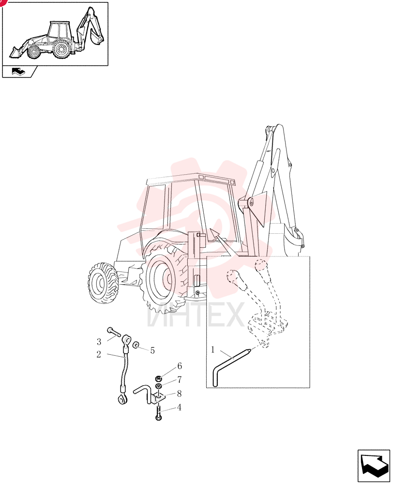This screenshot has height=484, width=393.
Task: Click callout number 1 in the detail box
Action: pyautogui.click(x=212, y=350)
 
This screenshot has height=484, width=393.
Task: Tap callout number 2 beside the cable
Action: pyautogui.click(x=99, y=354)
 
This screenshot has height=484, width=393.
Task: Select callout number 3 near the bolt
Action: pyautogui.click(x=99, y=342)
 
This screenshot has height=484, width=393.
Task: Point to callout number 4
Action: pyautogui.click(x=179, y=408)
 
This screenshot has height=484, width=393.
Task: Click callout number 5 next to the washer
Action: pyautogui.click(x=152, y=350)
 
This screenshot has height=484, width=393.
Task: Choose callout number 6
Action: pyautogui.click(x=180, y=366)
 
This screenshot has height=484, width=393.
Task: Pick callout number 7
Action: pyautogui.click(x=180, y=379)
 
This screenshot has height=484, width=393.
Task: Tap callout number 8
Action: pyautogui.click(x=179, y=393)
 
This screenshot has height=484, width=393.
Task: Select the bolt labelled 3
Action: pyautogui.click(x=114, y=333)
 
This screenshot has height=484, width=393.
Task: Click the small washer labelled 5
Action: pyautogui.click(x=136, y=345)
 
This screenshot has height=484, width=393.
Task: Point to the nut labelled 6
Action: pyautogui.click(x=158, y=378)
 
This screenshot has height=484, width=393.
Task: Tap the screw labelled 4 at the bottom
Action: pyautogui.click(x=158, y=413)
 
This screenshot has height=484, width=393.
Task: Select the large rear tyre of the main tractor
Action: pyautogui.click(x=164, y=277)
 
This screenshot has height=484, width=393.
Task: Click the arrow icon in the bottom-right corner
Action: pyautogui.click(x=374, y=466)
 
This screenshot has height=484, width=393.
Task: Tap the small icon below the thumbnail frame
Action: pyautogui.click(x=18, y=72)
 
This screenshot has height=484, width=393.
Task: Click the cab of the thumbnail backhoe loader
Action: pyautogui.click(x=59, y=32)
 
